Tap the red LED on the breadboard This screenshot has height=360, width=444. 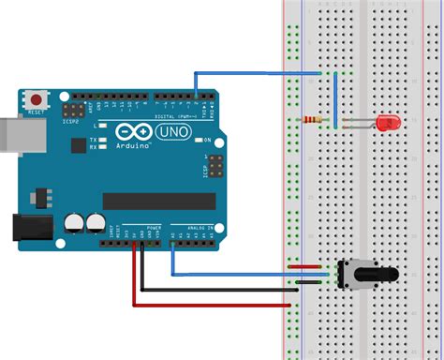(385, 122)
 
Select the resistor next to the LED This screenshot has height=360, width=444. (317, 120)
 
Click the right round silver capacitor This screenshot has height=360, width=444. (95, 222)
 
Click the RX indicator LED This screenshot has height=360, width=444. (104, 146)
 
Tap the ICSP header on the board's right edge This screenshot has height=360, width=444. (215, 168)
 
